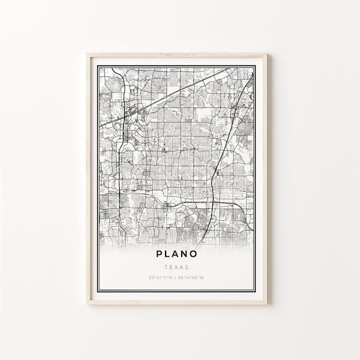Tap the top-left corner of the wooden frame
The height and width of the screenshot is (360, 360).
tap(88, 54)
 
